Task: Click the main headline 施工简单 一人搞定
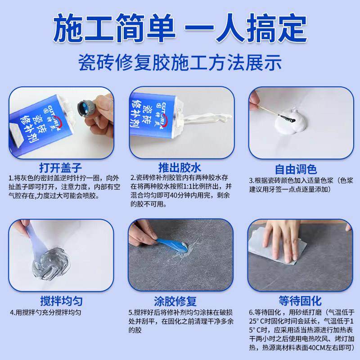tap(180, 28)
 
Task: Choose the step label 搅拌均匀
tap(60, 300)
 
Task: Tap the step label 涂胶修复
tap(180, 300)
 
